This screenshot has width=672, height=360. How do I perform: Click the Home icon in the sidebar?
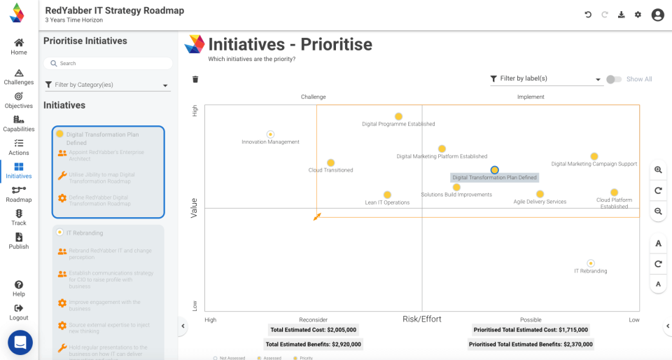click(19, 43)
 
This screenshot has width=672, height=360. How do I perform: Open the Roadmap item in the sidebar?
click(19, 190)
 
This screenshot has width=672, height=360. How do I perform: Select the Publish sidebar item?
click(19, 237)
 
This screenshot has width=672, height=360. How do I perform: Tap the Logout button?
click(19, 308)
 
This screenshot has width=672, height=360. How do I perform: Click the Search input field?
click(108, 63)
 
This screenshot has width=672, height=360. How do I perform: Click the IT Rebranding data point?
click(591, 263)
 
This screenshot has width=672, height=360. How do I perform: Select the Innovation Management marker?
click(270, 134)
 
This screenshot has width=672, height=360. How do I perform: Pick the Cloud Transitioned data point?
click(330, 162)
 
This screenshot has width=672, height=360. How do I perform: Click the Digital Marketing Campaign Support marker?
click(594, 157)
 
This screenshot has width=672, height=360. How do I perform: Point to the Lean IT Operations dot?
click(387, 195)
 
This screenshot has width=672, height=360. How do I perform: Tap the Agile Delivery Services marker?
click(540, 195)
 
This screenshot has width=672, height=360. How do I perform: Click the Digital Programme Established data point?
click(398, 117)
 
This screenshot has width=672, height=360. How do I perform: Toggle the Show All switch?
click(613, 79)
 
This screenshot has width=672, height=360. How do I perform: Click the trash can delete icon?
click(195, 79)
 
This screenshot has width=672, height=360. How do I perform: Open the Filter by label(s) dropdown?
click(546, 79)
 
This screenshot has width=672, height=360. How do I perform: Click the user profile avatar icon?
click(657, 15)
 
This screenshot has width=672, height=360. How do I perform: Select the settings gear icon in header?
click(638, 15)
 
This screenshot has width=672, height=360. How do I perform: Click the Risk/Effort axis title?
click(421, 319)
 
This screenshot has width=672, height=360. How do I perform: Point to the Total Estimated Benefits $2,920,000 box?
click(314, 344)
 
